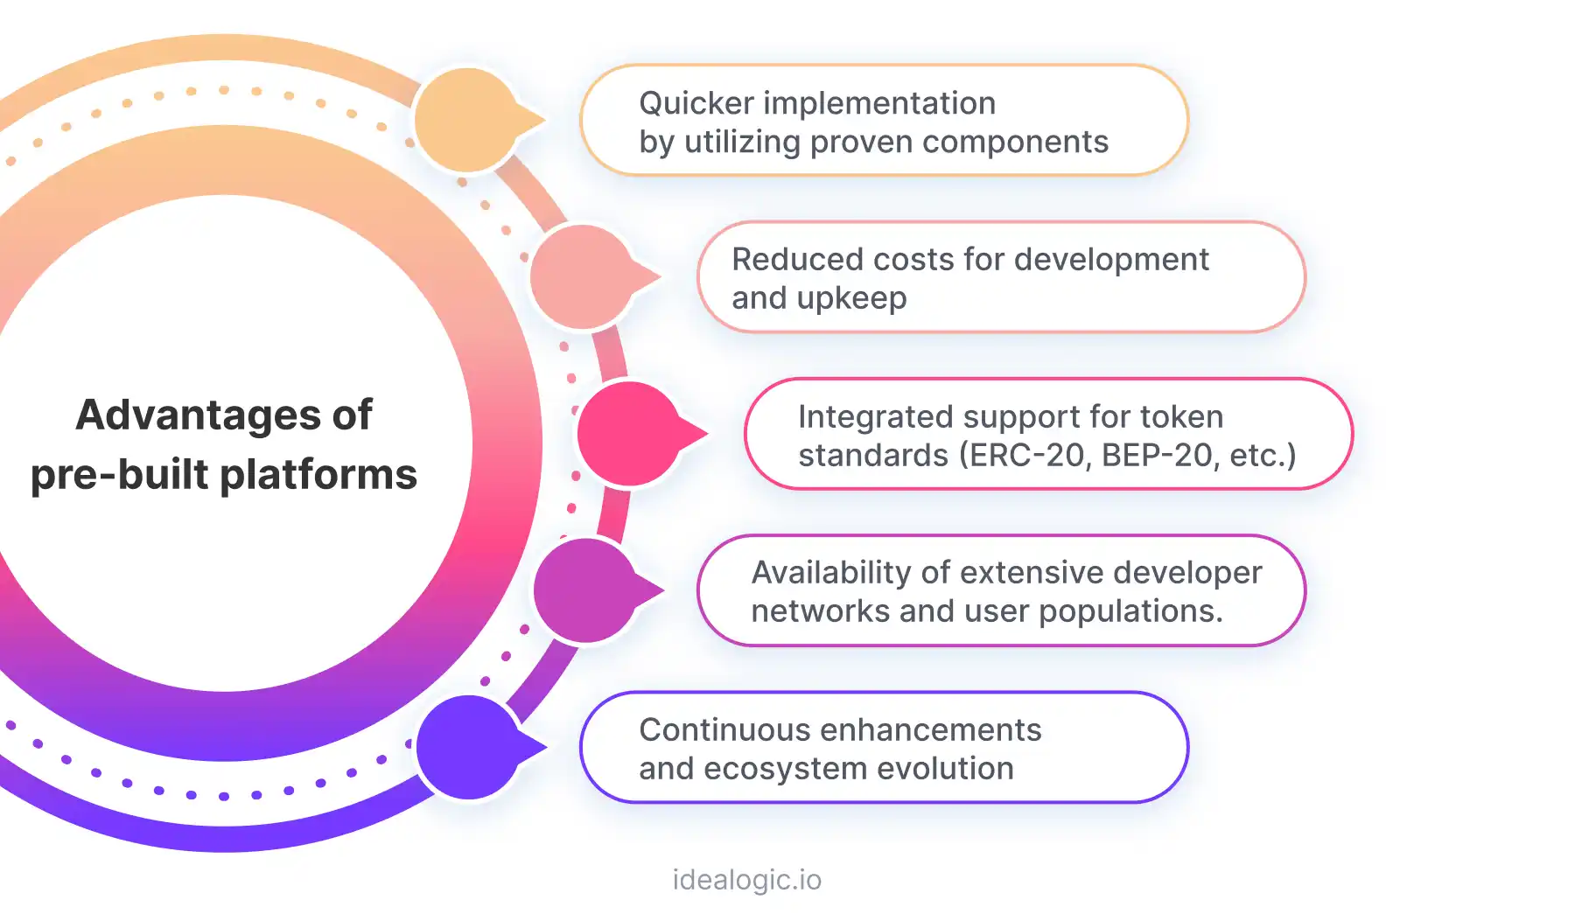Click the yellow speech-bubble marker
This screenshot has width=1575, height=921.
click(x=469, y=120)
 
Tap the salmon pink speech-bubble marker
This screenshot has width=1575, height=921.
click(x=584, y=276)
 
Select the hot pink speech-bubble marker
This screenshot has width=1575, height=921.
click(x=630, y=433)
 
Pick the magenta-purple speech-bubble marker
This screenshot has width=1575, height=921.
click(x=587, y=590)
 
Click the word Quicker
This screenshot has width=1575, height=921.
click(x=696, y=103)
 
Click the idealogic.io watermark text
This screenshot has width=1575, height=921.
click(x=746, y=880)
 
